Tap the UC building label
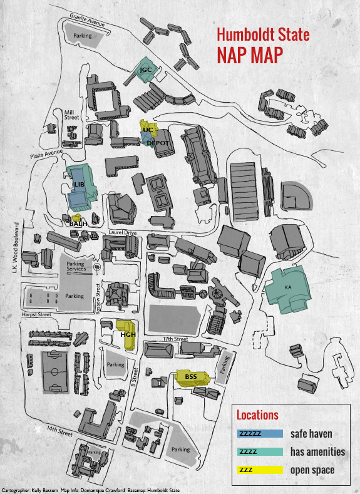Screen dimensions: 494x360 (147, 130)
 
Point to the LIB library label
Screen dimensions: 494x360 (79, 185)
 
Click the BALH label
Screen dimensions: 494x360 (78, 224)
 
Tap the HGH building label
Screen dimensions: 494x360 (128, 334)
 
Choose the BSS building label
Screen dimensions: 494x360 (191, 376)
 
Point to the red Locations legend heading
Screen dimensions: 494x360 (257, 414)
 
